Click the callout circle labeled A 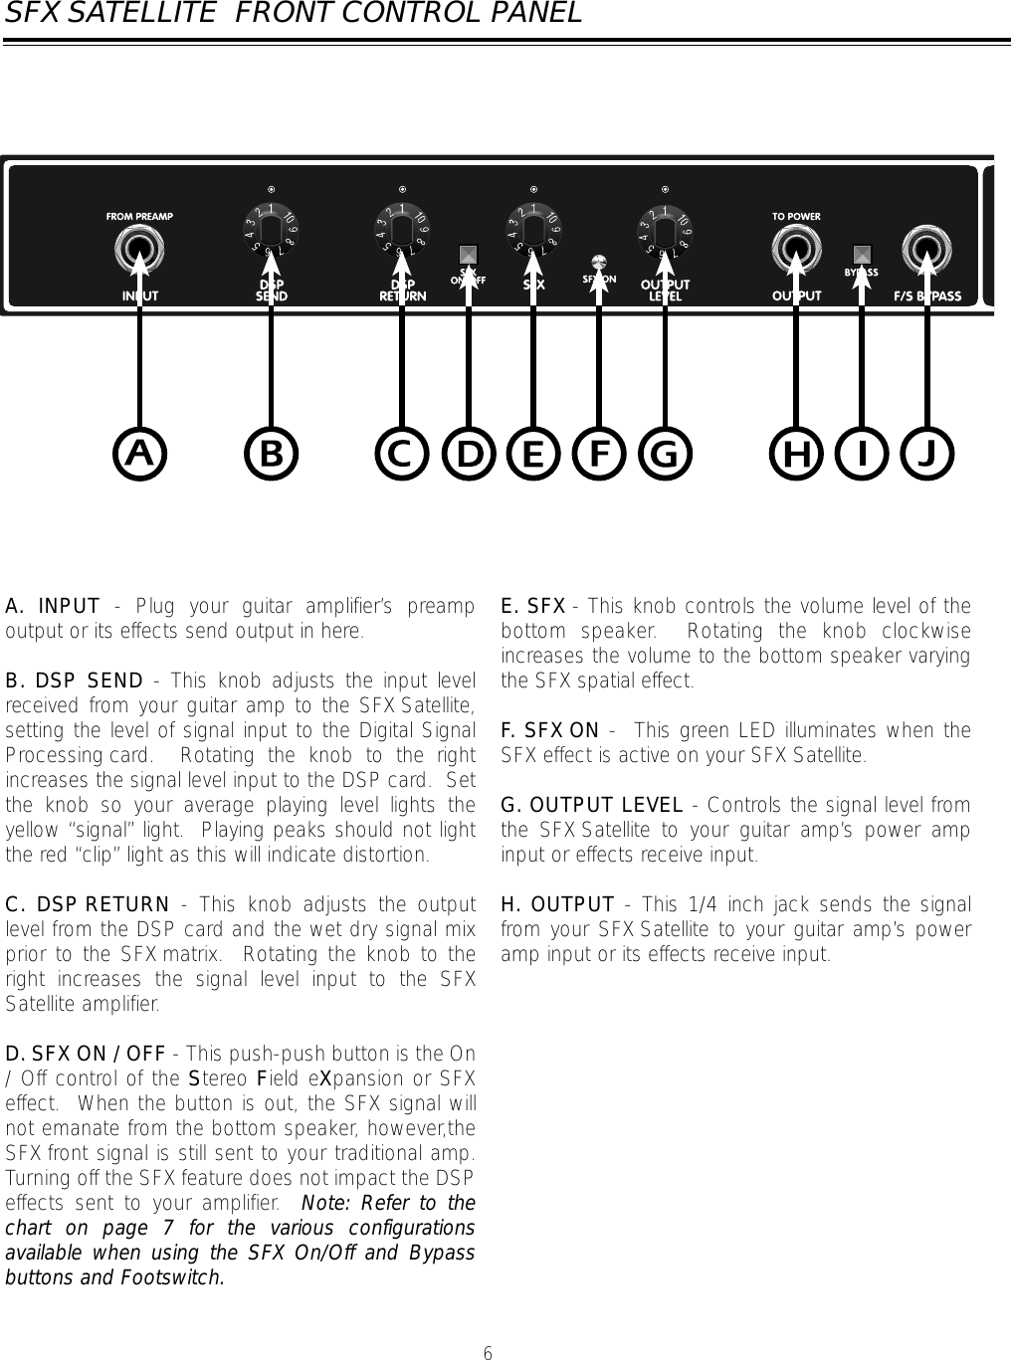140,454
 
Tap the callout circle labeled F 599,454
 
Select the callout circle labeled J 927,454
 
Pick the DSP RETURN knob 403,236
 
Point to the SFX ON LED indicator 599,262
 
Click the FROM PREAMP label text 140,215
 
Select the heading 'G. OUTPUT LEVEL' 592,805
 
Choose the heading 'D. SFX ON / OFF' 86,1054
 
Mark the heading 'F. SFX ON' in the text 550,731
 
